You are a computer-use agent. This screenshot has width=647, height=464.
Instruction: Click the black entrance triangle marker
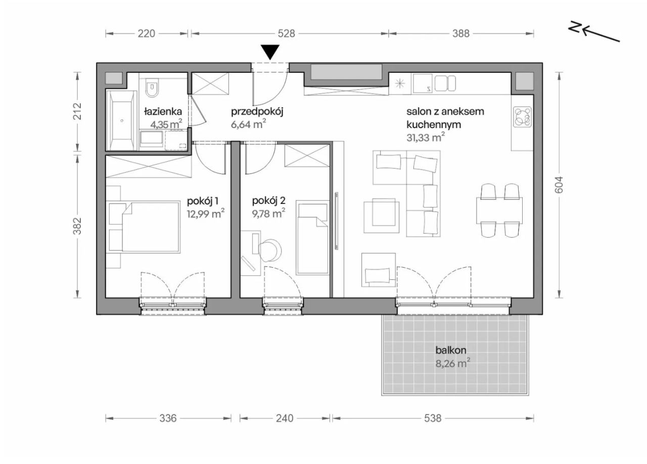[x=271, y=52]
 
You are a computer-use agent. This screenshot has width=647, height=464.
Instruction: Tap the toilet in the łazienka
[x=151, y=88]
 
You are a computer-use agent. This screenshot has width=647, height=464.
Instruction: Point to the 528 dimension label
[x=286, y=33]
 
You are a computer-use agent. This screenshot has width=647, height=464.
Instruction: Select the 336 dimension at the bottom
[x=168, y=418]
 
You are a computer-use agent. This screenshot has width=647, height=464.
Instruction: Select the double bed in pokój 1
[x=150, y=227]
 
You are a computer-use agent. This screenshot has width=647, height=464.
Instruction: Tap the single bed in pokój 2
[x=312, y=238]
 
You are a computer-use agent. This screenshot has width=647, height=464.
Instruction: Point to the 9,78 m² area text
[x=268, y=214]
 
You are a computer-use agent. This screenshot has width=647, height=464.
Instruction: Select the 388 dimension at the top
[x=461, y=33]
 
